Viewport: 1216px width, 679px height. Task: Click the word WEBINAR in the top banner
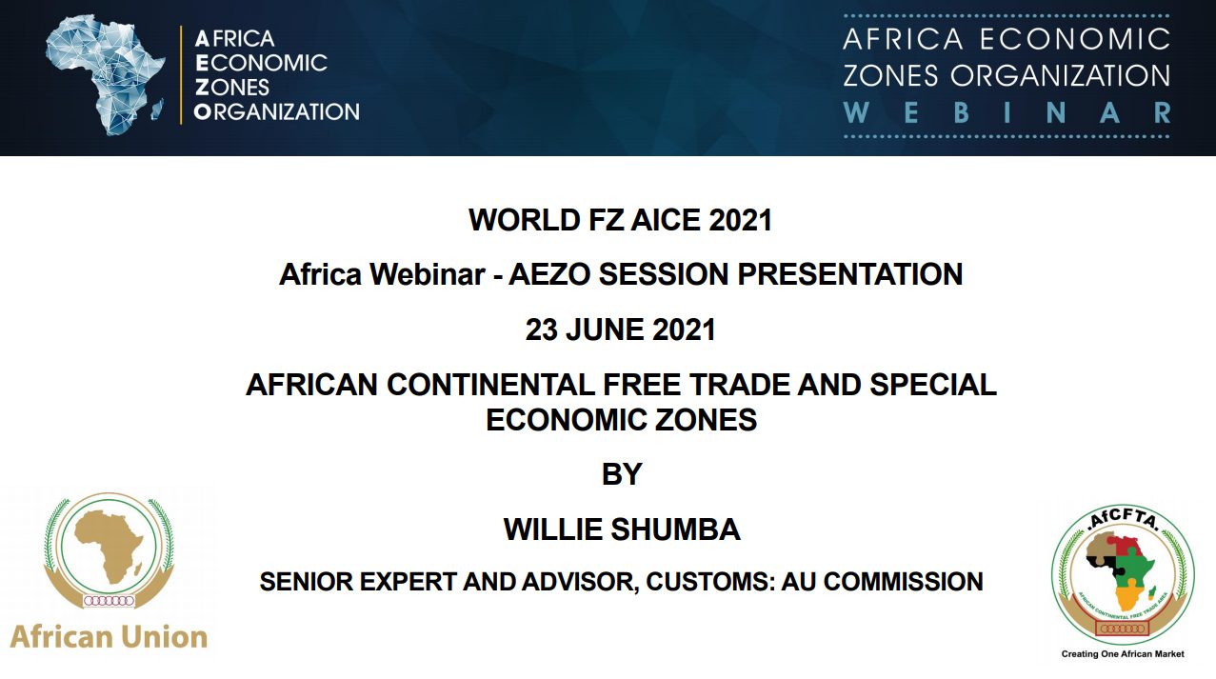pos(1007,113)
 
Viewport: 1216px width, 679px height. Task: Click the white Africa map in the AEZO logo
pos(103,73)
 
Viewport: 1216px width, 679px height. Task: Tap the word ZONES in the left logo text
pos(231,88)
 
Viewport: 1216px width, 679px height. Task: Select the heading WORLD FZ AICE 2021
pos(621,220)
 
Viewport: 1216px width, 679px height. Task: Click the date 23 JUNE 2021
pos(621,330)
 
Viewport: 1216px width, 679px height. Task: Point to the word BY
pos(622,474)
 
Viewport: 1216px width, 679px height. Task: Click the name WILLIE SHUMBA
pos(622,529)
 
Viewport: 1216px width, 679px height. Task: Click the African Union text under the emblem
pos(109,637)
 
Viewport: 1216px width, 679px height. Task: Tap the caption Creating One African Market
pos(1123,654)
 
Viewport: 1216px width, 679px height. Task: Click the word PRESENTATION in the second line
pos(849,274)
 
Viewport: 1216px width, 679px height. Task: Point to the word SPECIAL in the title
pos(933,385)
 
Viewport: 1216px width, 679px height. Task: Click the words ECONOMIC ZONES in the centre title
pos(621,420)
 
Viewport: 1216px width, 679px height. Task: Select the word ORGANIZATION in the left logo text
pos(277,111)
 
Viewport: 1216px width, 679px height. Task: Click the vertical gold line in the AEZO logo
pos(181,75)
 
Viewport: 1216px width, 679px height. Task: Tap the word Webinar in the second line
pos(427,274)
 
